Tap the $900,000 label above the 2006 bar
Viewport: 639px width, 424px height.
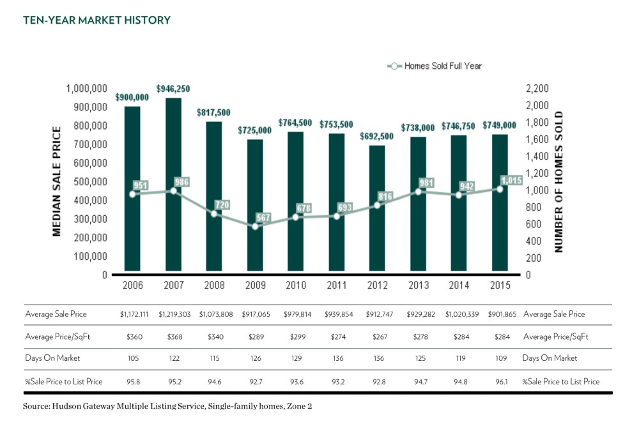click(x=132, y=97)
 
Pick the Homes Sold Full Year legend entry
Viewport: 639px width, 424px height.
click(x=435, y=66)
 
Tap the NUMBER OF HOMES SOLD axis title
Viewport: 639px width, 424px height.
click(x=559, y=181)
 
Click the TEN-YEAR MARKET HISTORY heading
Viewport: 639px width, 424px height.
click(x=97, y=20)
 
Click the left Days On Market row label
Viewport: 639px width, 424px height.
click(x=52, y=359)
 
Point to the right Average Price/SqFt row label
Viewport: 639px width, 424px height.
click(x=555, y=337)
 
